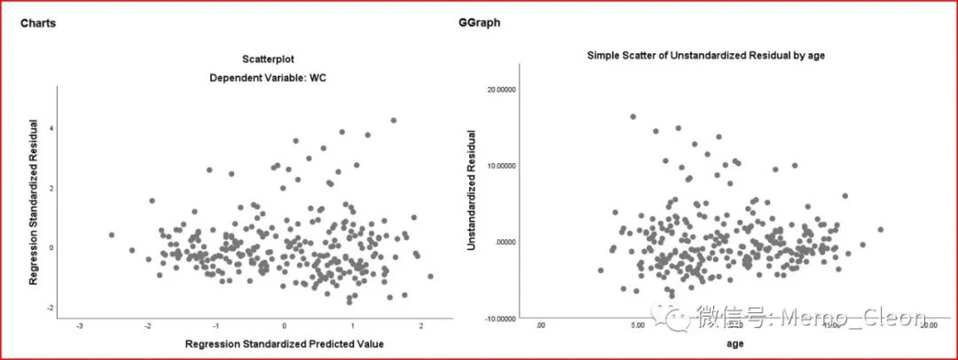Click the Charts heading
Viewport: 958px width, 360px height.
pos(38,23)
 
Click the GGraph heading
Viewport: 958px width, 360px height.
pos(480,23)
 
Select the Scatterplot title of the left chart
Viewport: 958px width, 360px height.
pos(268,59)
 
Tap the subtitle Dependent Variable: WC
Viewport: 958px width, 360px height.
pos(268,77)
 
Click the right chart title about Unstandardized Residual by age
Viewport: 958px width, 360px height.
pos(706,55)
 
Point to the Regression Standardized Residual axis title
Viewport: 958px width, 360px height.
pos(34,203)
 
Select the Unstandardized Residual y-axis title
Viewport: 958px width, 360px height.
pos(473,190)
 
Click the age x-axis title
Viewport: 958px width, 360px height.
pos(734,343)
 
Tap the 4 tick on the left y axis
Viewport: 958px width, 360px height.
pos(51,128)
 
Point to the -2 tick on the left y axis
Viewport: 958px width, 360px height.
pos(50,308)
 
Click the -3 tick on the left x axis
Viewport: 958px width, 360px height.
pos(80,325)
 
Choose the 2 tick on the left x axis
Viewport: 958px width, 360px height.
pos(421,325)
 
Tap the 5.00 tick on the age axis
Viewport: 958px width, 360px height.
pos(637,325)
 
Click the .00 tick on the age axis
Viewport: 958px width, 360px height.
pos(541,325)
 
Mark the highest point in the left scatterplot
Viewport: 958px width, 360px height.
pos(393,120)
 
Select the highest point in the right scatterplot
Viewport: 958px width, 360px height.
pos(632,116)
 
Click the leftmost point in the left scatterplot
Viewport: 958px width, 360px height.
pos(111,235)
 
